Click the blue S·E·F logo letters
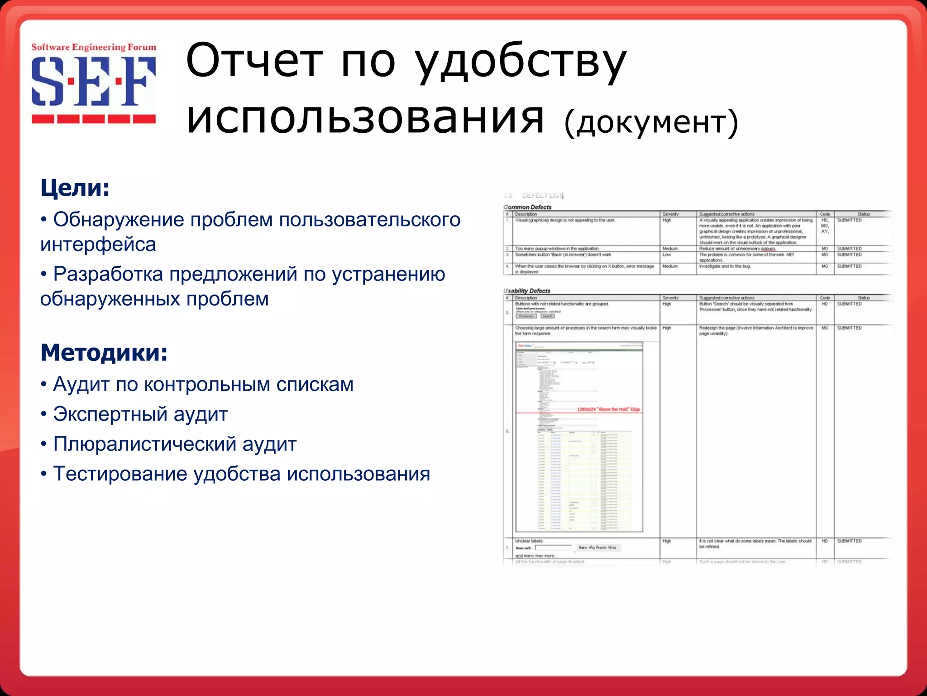pyautogui.click(x=93, y=81)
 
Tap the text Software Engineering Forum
pyautogui.click(x=93, y=47)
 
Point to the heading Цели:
pyautogui.click(x=75, y=188)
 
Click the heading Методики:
pyautogui.click(x=104, y=353)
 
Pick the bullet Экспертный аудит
pyautogui.click(x=140, y=414)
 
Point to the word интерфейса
pyautogui.click(x=98, y=245)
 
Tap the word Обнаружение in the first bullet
pyautogui.click(x=119, y=220)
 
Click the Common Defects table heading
pyautogui.click(x=527, y=207)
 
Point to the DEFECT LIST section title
pyautogui.click(x=542, y=195)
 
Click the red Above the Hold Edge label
pyautogui.click(x=608, y=409)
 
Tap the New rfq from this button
pyautogui.click(x=597, y=547)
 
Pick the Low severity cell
pyautogui.click(x=667, y=255)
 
